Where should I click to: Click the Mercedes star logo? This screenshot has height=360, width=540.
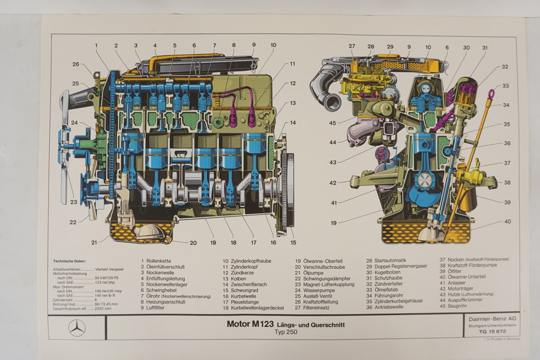coord(77,328)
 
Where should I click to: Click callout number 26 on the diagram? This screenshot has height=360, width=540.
coord(76,64)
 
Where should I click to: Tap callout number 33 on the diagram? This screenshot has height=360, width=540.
coord(506,86)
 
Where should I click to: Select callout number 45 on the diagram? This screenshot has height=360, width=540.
coord(332,124)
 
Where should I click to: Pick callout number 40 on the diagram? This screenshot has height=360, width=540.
coord(508,221)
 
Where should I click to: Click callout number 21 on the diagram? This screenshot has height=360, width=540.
coord(94,242)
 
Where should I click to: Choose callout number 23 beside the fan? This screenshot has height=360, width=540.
coord(73,202)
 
